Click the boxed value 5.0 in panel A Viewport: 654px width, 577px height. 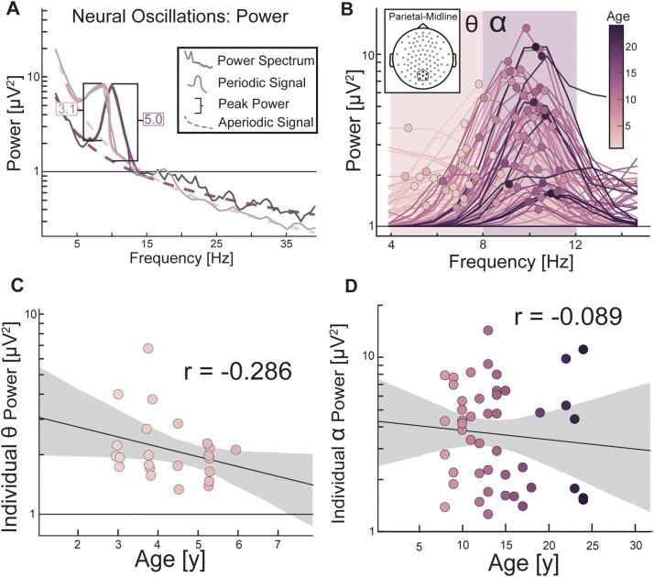[152, 119]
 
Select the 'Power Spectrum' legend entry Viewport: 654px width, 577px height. [266, 62]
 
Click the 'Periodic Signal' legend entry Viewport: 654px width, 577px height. [264, 82]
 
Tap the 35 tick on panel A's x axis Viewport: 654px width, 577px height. [288, 245]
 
